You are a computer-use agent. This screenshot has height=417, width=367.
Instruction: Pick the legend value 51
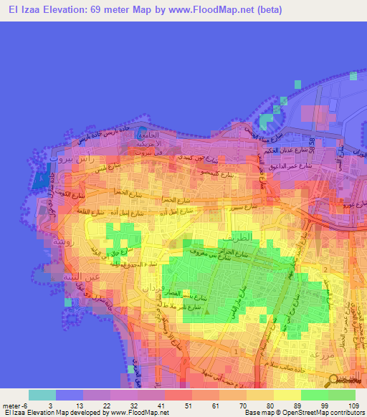(178, 406)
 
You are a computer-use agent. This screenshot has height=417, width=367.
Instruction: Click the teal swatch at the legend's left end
(42, 396)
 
